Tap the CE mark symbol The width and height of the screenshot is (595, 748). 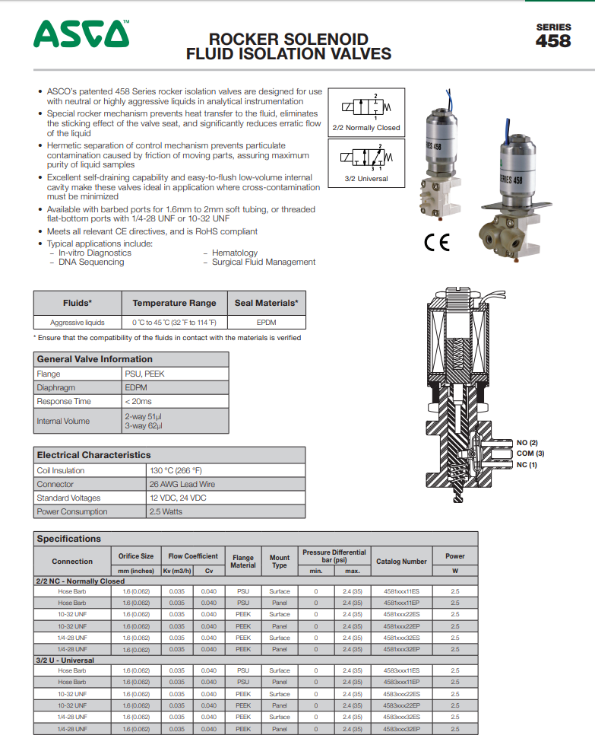tap(436, 243)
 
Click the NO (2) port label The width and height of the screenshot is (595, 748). tap(527, 442)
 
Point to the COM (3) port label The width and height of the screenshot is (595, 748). tap(530, 454)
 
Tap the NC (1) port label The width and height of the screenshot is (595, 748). tap(527, 465)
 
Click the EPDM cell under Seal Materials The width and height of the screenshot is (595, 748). tap(266, 323)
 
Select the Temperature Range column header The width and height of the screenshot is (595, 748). tap(174, 303)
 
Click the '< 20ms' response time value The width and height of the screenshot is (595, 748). tap(138, 401)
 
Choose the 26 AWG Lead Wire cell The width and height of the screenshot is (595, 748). tap(182, 484)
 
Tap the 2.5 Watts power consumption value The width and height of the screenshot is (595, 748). tap(166, 511)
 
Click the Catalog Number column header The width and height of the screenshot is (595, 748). tap(401, 562)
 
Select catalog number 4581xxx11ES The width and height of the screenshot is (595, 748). tap(401, 590)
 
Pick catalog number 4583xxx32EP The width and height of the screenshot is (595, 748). tap(401, 728)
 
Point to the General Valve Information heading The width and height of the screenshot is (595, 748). tap(94, 359)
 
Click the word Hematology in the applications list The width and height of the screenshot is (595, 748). tap(234, 253)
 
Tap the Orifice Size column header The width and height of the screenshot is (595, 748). tap(135, 556)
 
